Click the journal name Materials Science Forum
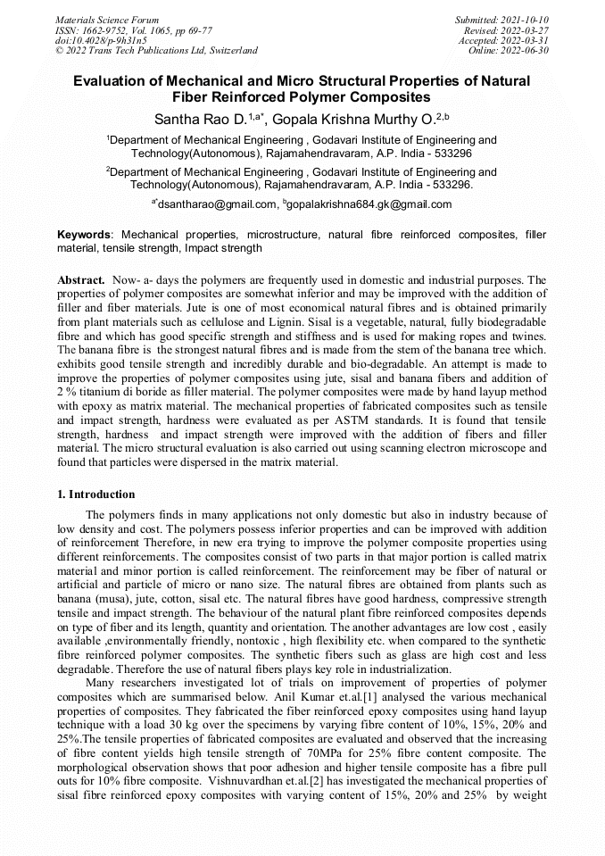[x=107, y=19]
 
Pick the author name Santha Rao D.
[x=199, y=118]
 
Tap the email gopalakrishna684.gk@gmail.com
[x=369, y=204]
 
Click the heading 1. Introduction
[x=96, y=494]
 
